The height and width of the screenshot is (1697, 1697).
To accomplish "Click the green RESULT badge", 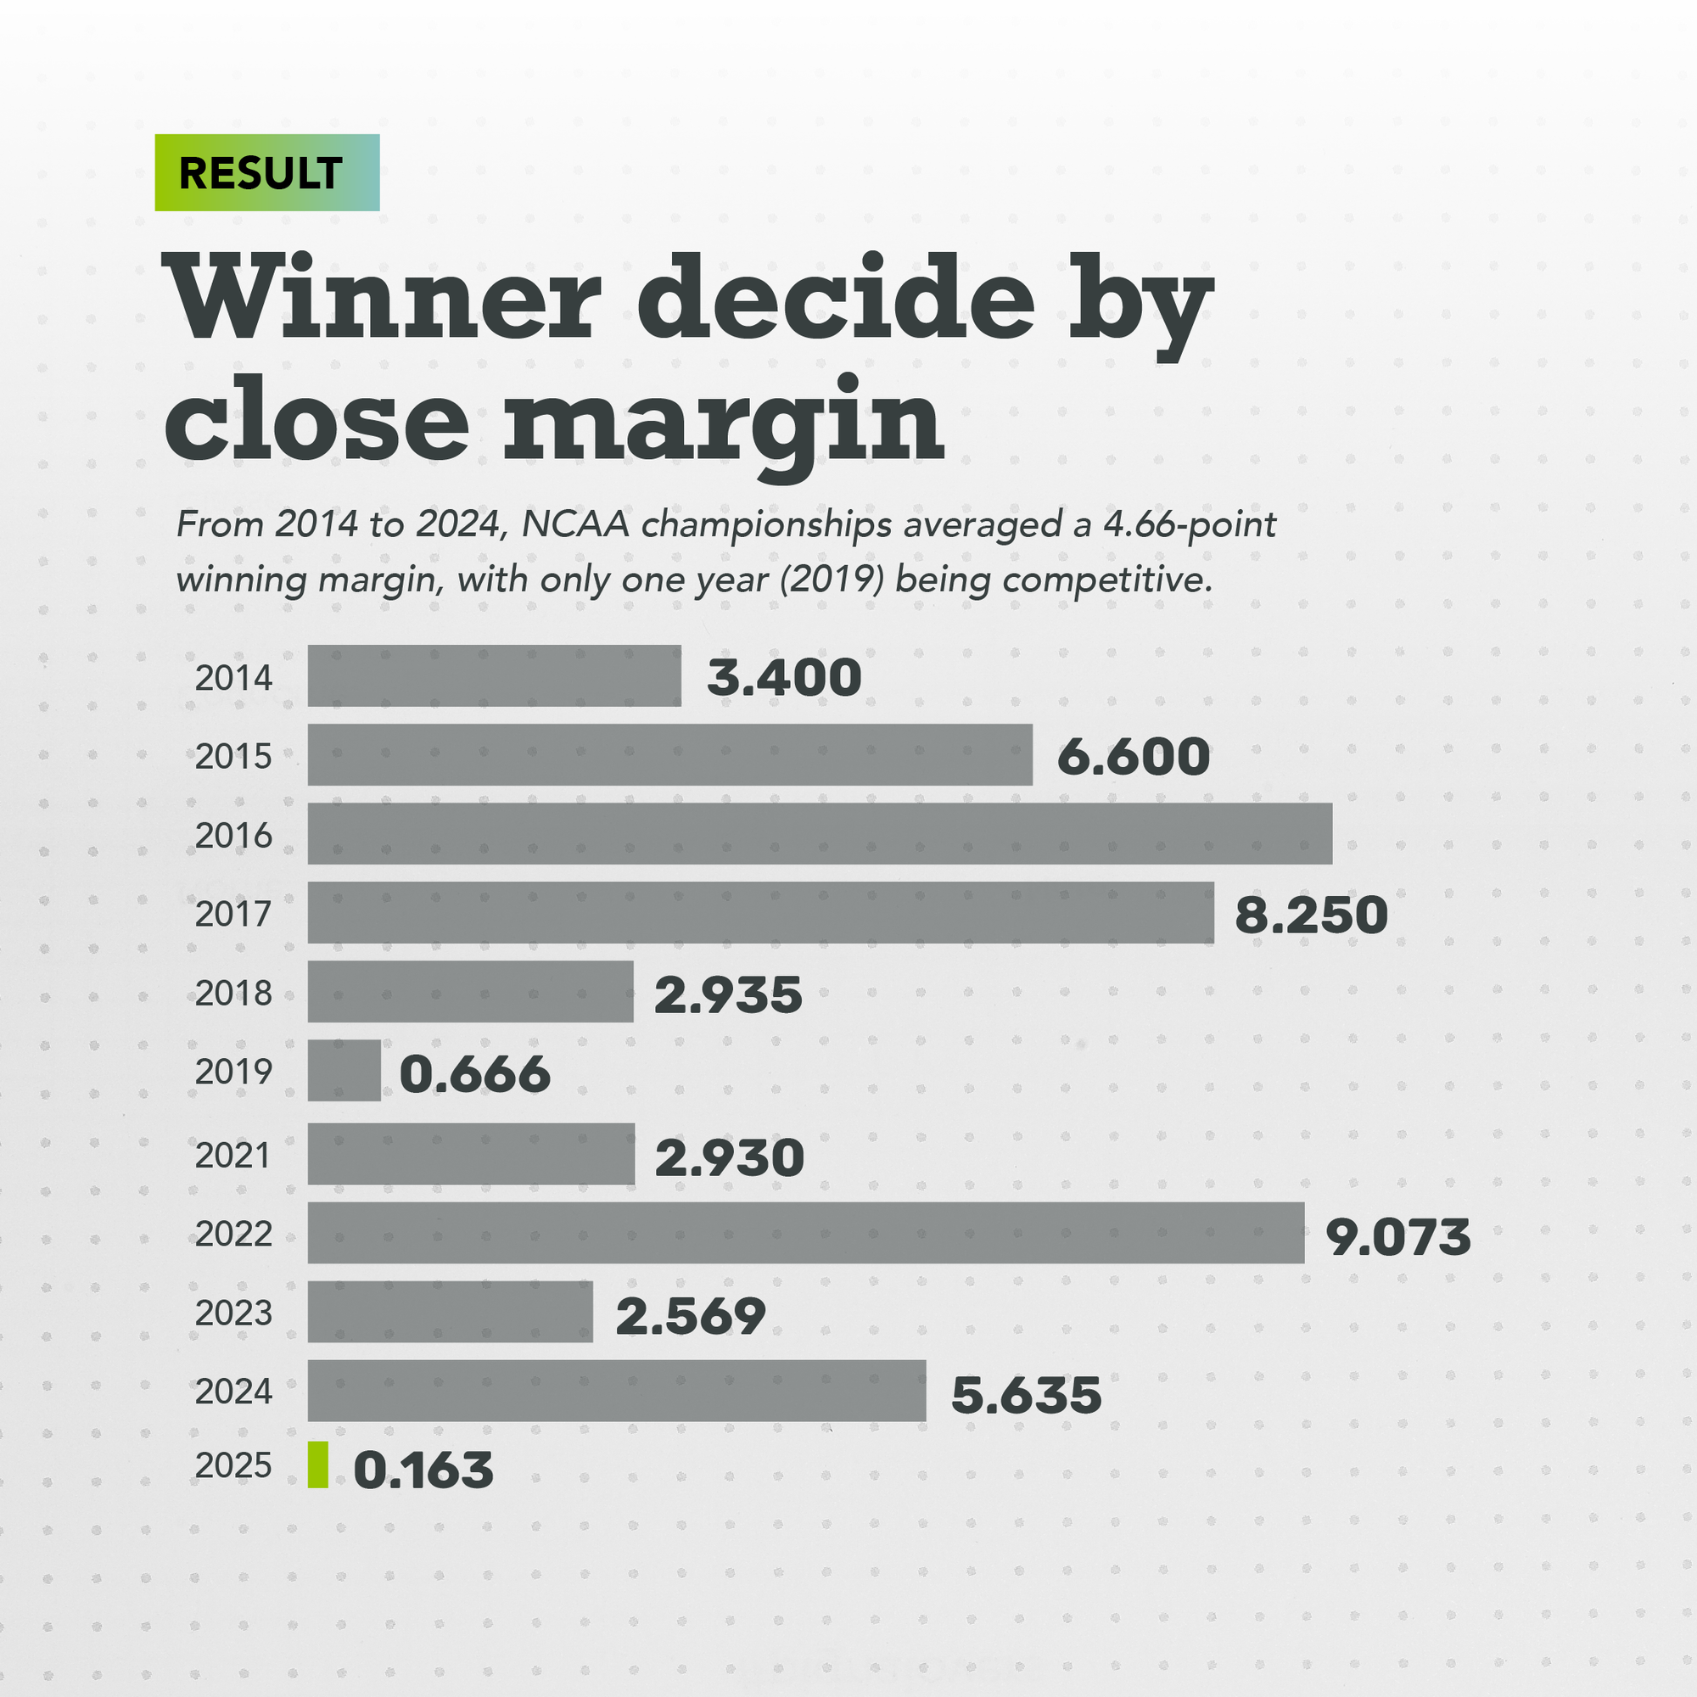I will coord(267,172).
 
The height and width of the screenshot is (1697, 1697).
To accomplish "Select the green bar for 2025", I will coord(318,1465).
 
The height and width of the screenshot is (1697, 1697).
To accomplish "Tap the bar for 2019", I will coord(344,1071).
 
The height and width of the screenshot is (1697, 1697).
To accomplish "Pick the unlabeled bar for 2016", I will coord(820,833).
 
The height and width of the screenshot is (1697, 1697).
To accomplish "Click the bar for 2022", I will coord(805,1232).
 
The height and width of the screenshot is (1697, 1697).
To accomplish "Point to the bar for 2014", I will coord(494,675).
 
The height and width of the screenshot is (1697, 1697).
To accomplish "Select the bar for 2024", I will coord(617,1391).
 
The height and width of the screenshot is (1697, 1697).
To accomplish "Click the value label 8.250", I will coord(1311,915).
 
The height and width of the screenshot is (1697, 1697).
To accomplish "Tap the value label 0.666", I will coord(475,1073).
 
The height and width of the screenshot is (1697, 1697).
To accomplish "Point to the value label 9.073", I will coord(1397,1236).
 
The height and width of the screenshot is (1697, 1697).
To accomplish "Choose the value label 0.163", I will coord(423,1470).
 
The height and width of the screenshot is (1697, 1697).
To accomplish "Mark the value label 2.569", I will coord(691,1315).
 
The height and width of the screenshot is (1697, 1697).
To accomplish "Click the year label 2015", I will coord(233,756).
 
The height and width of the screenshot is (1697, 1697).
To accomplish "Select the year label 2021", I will coord(233,1155).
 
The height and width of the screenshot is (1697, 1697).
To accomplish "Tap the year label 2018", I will coord(233,994).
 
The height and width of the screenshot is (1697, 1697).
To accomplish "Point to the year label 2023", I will coord(233,1313).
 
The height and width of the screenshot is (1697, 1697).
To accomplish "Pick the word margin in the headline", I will coord(723,422).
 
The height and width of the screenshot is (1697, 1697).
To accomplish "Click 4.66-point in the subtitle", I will coord(1190,524).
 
